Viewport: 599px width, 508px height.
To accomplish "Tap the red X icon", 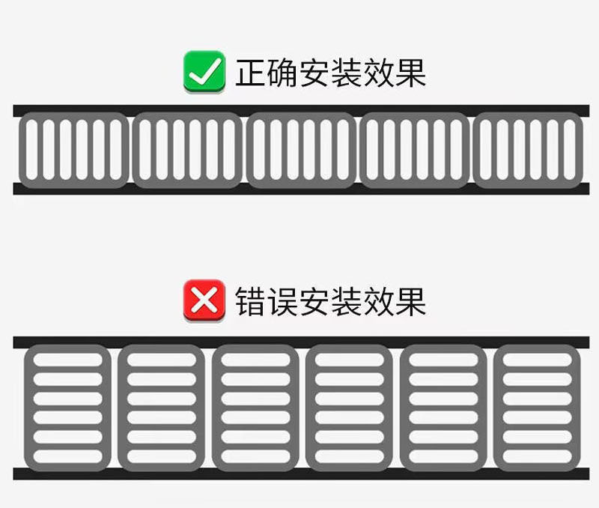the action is pyautogui.click(x=204, y=301).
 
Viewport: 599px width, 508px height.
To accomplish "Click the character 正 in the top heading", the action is pyautogui.click(x=252, y=73).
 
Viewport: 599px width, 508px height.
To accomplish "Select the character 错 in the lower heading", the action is pyautogui.click(x=252, y=302).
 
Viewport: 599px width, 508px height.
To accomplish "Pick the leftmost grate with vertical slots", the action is pyautogui.click(x=73, y=150).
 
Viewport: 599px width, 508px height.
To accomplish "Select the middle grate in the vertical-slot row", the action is pyautogui.click(x=300, y=150).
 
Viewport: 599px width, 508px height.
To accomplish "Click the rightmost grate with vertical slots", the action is pyautogui.click(x=528, y=150).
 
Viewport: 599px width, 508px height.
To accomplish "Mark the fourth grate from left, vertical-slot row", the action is pyautogui.click(x=414, y=150).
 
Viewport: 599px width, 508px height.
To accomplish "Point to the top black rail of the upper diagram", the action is pyautogui.click(x=299, y=111).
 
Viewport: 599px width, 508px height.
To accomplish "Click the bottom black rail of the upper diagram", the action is pyautogui.click(x=299, y=189).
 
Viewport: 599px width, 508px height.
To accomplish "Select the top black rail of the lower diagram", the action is pyautogui.click(x=299, y=342).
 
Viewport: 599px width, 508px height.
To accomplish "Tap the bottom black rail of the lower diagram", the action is pyautogui.click(x=299, y=474).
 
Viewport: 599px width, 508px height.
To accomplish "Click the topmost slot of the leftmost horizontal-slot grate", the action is pyautogui.click(x=68, y=360).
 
